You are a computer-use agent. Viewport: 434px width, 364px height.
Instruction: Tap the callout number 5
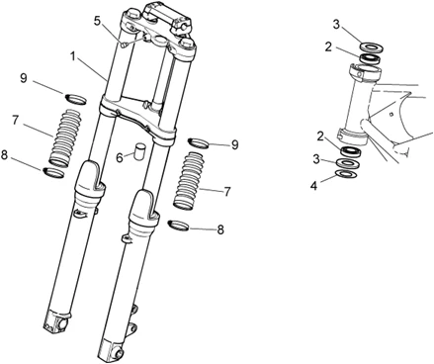[x=97, y=21]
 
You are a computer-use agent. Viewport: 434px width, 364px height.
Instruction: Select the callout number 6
[x=121, y=158]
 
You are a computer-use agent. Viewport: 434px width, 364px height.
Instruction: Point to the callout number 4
[x=313, y=186]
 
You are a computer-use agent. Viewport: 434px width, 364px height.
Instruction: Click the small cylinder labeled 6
[x=139, y=150]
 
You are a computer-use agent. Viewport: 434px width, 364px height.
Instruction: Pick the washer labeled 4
[x=346, y=173]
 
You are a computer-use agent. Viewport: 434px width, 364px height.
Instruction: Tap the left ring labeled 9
[x=75, y=99]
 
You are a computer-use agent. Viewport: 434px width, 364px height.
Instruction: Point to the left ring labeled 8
[x=53, y=172]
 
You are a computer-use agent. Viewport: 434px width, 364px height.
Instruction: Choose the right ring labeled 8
[x=178, y=227]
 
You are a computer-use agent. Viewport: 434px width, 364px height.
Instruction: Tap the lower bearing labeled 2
[x=352, y=151]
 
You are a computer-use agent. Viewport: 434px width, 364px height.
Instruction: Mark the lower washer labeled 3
[x=348, y=163]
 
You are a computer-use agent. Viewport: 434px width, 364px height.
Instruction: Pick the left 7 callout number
[x=16, y=121]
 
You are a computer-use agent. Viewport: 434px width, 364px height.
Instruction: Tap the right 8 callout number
[x=220, y=229]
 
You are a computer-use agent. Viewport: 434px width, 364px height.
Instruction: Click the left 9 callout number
[x=23, y=79]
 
